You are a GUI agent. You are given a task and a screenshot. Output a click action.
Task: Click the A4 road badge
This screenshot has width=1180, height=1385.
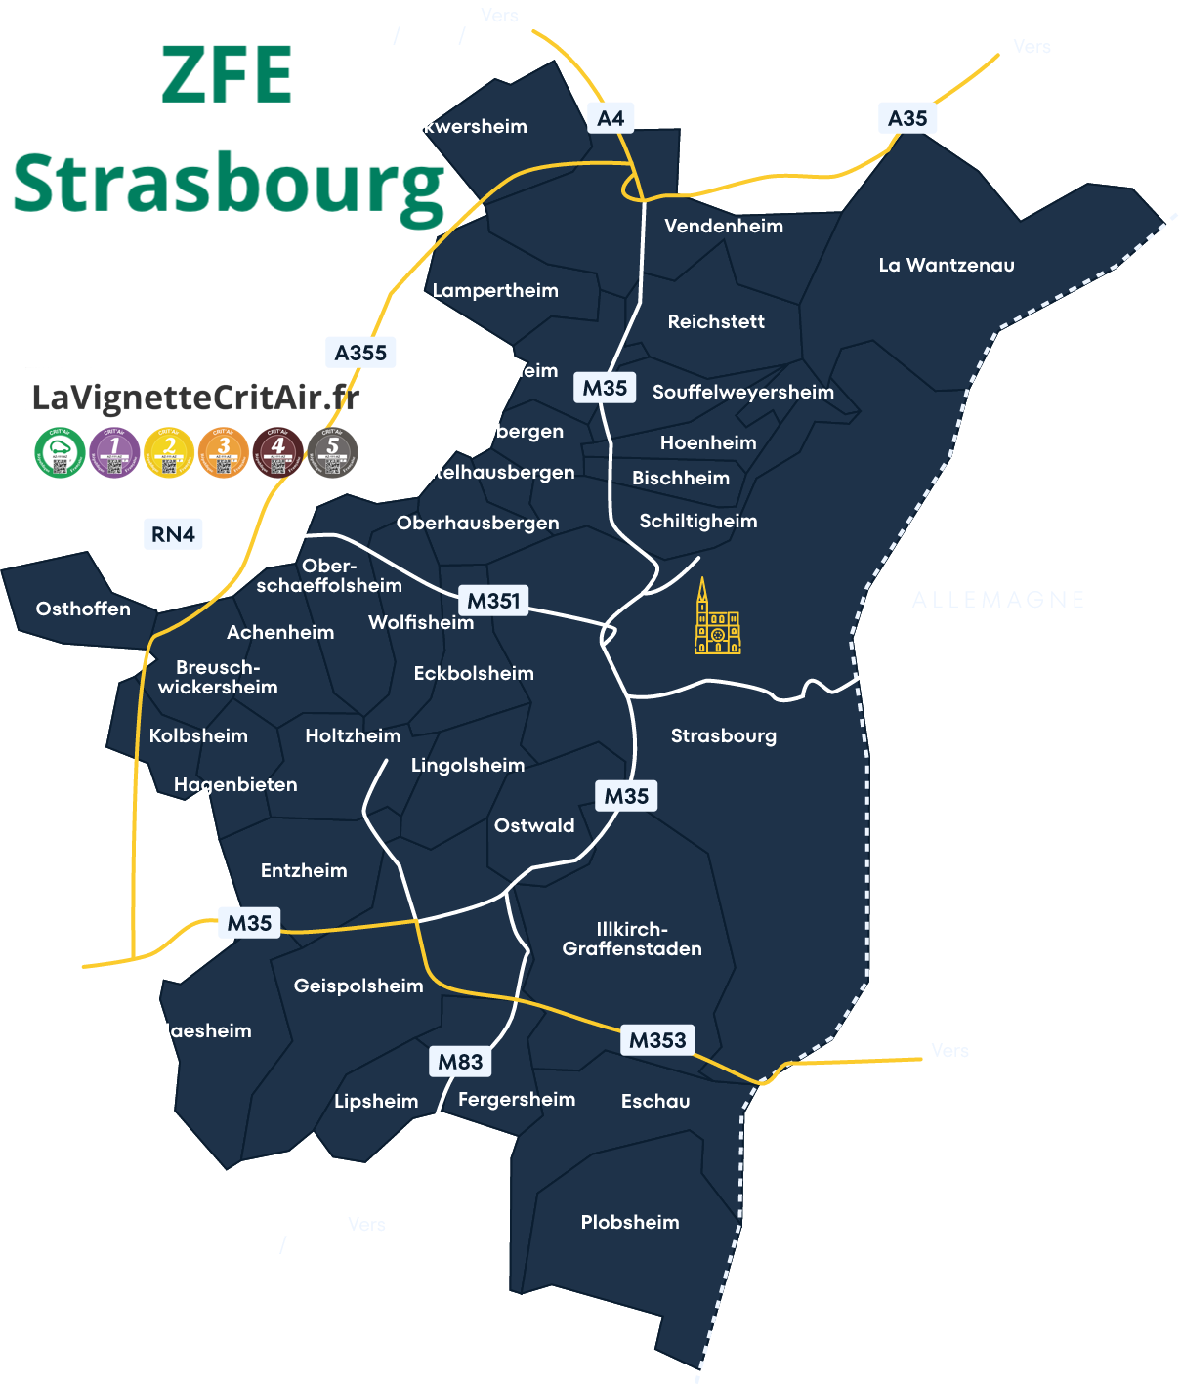(x=611, y=118)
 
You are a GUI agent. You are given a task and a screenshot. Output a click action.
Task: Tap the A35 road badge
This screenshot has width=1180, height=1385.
(x=907, y=118)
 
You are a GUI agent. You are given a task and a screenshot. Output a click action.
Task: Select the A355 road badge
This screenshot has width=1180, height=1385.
(x=360, y=353)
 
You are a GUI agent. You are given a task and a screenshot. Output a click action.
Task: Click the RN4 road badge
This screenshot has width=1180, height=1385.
(x=173, y=534)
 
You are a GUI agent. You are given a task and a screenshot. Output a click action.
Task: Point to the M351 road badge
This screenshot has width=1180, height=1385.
(x=493, y=601)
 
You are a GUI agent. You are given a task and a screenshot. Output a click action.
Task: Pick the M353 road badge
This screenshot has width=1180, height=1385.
(x=657, y=1040)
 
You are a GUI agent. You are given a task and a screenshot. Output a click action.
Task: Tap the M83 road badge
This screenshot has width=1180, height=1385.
(x=460, y=1062)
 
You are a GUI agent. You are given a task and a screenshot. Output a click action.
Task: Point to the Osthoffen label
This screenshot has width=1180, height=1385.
(x=83, y=609)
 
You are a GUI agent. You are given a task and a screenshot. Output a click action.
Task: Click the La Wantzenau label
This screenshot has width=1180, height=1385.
(x=946, y=265)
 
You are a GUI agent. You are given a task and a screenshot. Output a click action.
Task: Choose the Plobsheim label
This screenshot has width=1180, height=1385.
(x=630, y=1222)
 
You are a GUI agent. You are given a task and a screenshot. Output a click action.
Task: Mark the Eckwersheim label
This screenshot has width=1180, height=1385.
(x=464, y=126)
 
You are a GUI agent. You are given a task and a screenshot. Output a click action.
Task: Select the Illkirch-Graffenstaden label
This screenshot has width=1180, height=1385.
(x=632, y=939)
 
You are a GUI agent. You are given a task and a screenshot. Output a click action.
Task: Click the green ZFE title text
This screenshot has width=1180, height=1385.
(x=227, y=75)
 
